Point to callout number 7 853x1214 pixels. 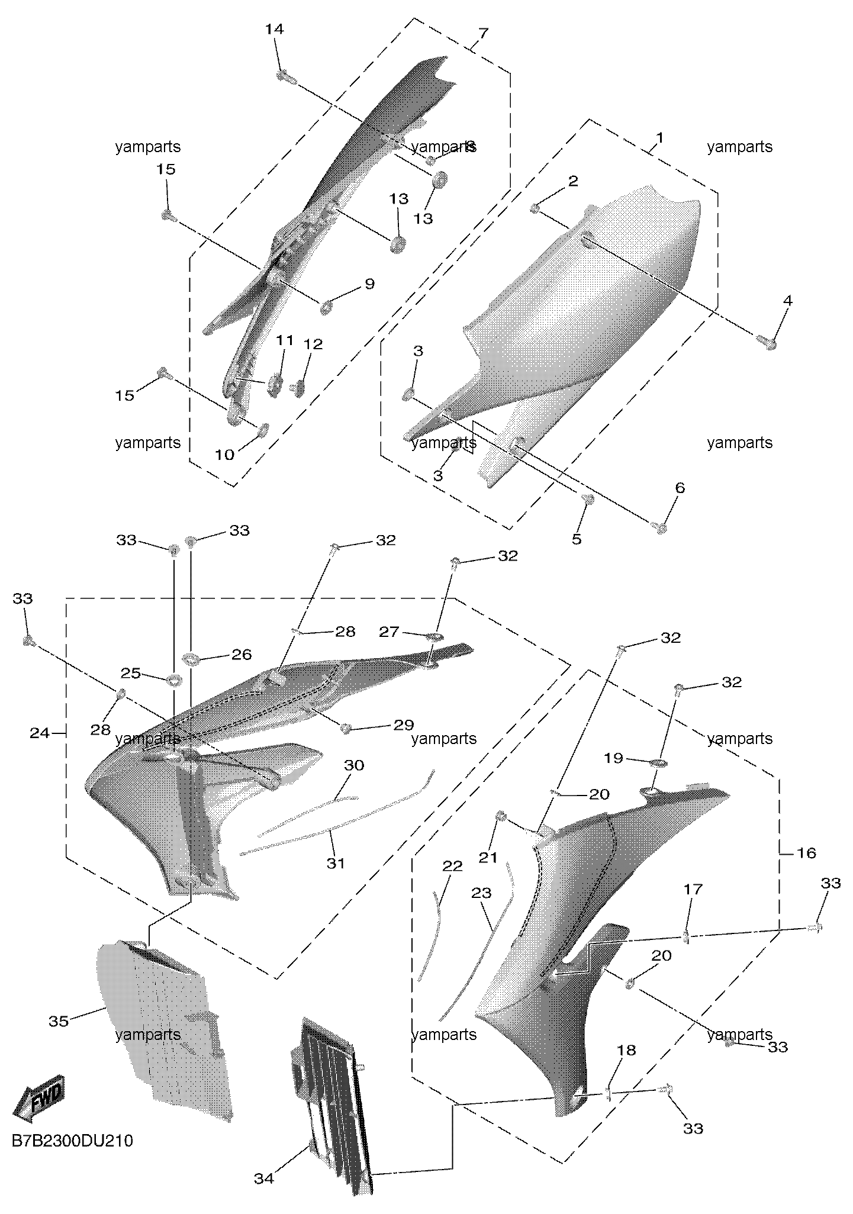[x=483, y=33]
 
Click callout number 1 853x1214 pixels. [x=660, y=139]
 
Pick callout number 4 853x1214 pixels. [x=787, y=301]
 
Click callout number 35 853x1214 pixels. [x=59, y=1021]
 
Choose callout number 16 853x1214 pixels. [x=807, y=853]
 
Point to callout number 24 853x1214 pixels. [x=40, y=733]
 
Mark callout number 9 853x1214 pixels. [x=369, y=284]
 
